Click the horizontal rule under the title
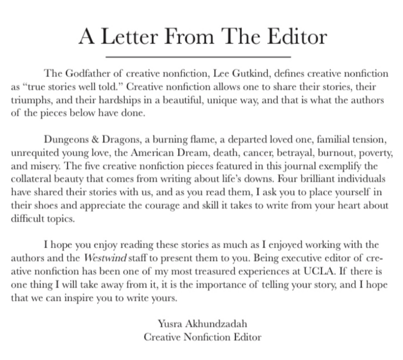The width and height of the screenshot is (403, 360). tap(199, 57)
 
